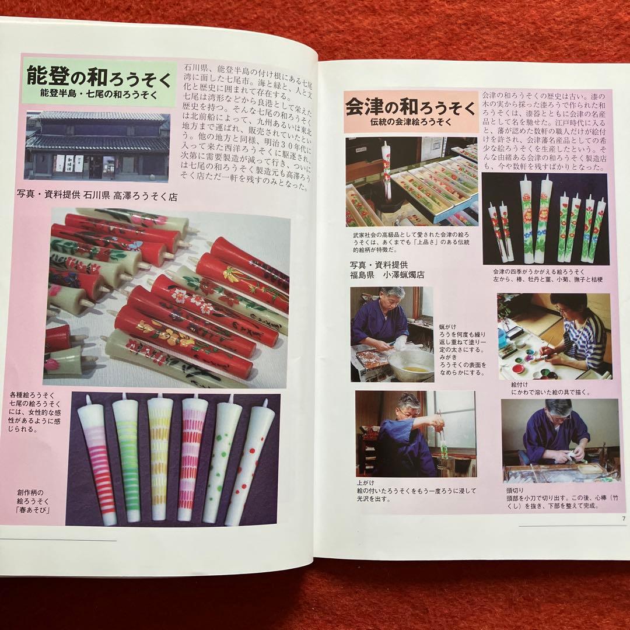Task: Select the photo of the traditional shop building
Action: pos(97,146)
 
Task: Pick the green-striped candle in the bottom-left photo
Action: pos(127,458)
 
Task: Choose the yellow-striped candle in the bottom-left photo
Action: pos(159,458)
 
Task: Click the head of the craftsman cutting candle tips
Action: pos(559,409)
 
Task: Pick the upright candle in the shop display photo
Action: pos(386,169)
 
